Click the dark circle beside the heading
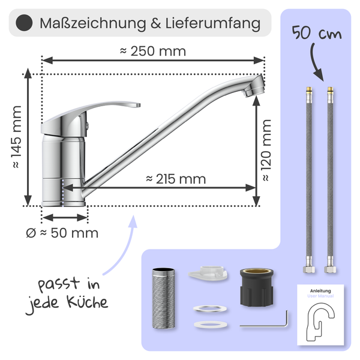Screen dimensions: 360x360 coord(23,24)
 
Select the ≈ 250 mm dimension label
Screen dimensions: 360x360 coord(153,51)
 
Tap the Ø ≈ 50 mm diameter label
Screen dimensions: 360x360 coord(62,232)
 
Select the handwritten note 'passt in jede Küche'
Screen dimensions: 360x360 coord(67,293)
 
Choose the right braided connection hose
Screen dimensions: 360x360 coord(329,180)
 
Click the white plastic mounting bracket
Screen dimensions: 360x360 coord(208,274)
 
